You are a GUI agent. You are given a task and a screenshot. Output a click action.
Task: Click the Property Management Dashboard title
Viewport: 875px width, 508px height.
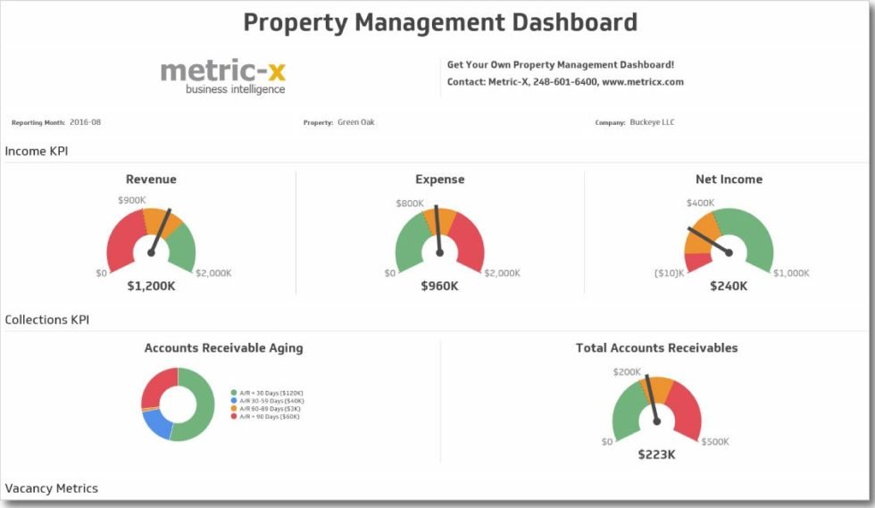pyautogui.click(x=440, y=22)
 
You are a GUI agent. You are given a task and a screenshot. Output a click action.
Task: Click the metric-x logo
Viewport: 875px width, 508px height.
pyautogui.click(x=223, y=76)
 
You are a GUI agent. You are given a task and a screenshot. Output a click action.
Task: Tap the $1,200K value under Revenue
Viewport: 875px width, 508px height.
pyautogui.click(x=151, y=287)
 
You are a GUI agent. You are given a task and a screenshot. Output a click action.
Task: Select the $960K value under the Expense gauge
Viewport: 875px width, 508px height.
pyautogui.click(x=439, y=287)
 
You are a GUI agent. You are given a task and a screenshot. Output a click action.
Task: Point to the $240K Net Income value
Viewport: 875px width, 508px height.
pyautogui.click(x=729, y=287)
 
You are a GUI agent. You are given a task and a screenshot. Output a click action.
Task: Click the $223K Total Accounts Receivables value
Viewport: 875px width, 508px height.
pyautogui.click(x=656, y=454)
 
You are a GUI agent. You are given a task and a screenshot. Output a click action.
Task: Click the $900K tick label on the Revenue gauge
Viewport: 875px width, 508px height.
pyautogui.click(x=132, y=200)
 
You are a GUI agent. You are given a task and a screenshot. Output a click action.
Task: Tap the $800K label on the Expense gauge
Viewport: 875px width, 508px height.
pyautogui.click(x=410, y=204)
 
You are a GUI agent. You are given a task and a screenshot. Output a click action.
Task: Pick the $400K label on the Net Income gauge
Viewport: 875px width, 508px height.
pyautogui.click(x=700, y=203)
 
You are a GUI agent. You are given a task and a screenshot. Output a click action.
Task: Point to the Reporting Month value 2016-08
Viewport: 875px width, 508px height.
pyautogui.click(x=85, y=122)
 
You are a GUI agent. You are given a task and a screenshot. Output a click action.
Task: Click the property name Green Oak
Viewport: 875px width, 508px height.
pyautogui.click(x=356, y=122)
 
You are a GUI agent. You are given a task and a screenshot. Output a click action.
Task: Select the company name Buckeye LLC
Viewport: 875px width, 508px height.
pyautogui.click(x=652, y=122)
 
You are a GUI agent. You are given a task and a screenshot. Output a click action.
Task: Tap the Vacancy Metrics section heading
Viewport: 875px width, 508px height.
pyautogui.click(x=52, y=488)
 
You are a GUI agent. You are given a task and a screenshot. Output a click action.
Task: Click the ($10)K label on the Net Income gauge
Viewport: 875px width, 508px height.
pyautogui.click(x=669, y=272)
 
